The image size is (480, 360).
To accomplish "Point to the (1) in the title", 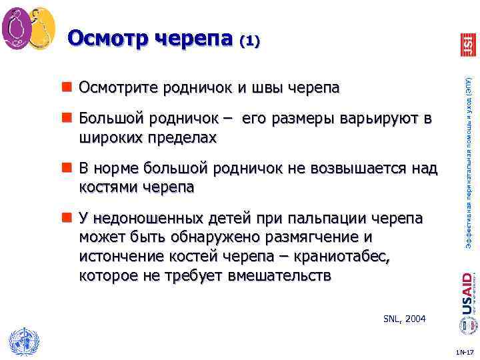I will point(249,41).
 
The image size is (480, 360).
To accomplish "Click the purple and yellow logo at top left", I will point(28,27).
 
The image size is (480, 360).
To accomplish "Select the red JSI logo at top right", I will point(467,43).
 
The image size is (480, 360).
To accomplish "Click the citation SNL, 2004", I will point(404,319).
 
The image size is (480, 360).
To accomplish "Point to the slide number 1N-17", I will point(464,351).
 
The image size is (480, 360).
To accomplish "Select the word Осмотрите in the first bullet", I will point(116,89).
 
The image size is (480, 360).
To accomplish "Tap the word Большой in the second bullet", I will point(111,119).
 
